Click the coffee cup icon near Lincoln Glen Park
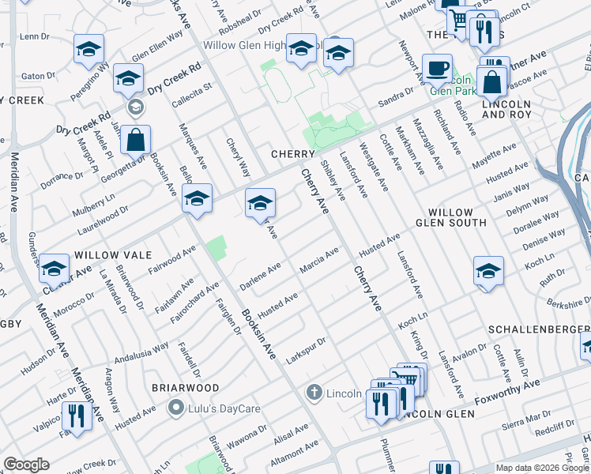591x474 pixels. click(x=437, y=68)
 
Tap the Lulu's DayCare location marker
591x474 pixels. click(x=176, y=408)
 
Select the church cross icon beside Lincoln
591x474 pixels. click(x=314, y=393)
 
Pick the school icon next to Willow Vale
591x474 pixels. click(x=55, y=270)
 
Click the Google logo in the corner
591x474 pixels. click(x=26, y=465)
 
